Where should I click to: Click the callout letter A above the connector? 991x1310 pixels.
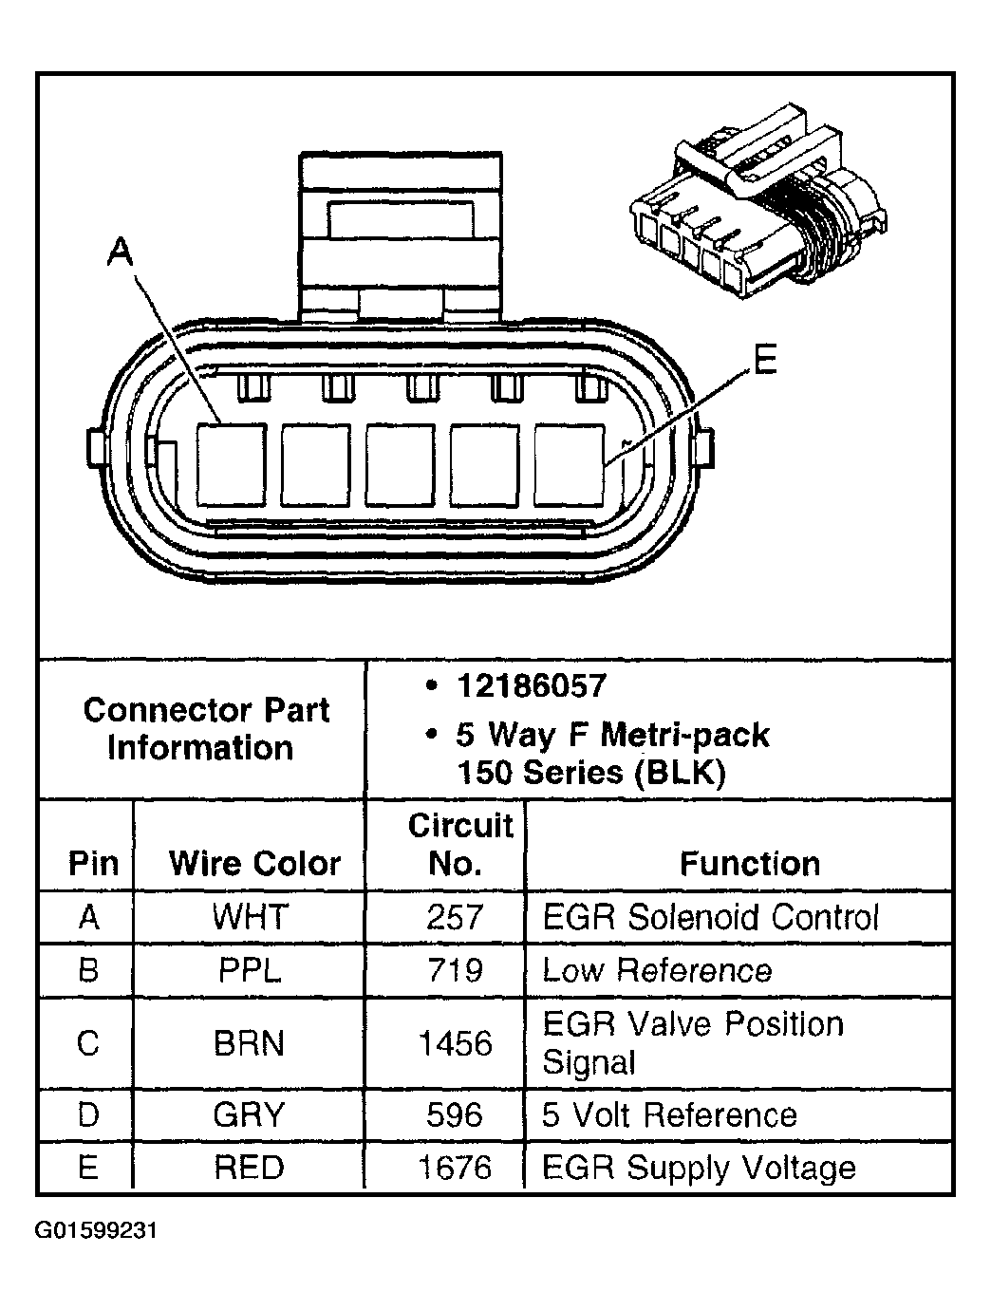tap(121, 253)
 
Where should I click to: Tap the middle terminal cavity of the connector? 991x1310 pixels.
tap(401, 464)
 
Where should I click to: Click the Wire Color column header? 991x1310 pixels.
tap(253, 863)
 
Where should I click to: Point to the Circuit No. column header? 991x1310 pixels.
tap(460, 844)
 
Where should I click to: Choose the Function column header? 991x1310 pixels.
tap(749, 863)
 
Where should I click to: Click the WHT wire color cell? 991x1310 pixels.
tap(250, 917)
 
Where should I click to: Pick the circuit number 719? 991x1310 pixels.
tap(455, 970)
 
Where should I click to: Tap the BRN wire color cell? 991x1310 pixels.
tap(249, 1043)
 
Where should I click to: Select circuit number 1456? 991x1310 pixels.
tap(455, 1043)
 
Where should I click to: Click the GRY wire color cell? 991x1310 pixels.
tap(249, 1114)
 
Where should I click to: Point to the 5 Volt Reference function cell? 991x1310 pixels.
tap(669, 1114)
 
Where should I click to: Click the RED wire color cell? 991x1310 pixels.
tap(249, 1167)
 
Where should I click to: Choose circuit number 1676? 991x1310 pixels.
tap(455, 1167)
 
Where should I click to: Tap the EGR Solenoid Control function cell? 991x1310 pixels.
tap(710, 917)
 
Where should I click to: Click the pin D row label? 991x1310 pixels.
tap(87, 1114)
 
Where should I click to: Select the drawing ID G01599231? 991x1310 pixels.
tap(96, 1231)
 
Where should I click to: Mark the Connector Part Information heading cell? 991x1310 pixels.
tap(205, 728)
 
